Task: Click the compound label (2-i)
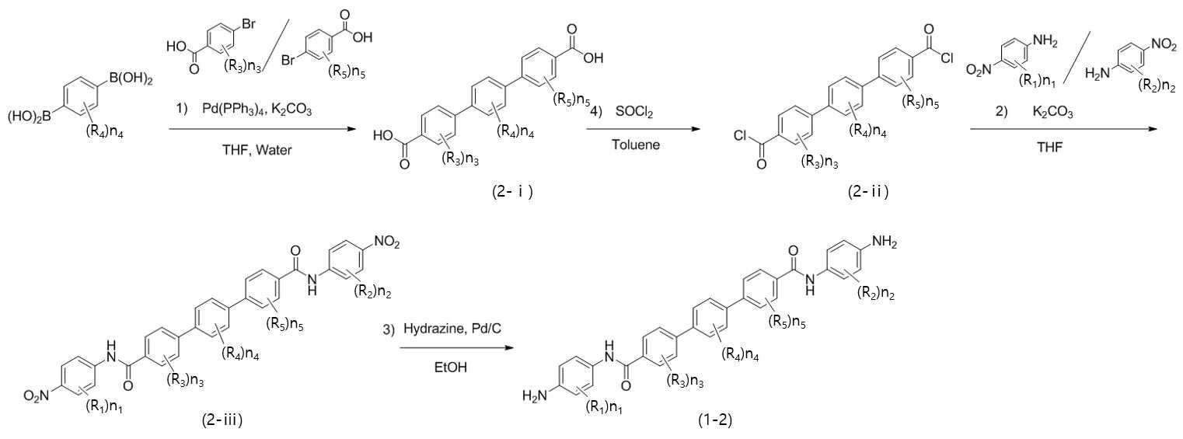click(x=512, y=192)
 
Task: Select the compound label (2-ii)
click(x=868, y=191)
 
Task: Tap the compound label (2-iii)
click(x=222, y=420)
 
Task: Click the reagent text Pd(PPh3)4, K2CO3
click(x=257, y=110)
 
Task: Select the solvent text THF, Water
click(x=257, y=150)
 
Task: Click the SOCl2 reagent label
click(x=633, y=113)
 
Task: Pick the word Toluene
click(x=636, y=145)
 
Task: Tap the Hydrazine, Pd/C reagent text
click(x=452, y=329)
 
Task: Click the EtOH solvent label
click(x=451, y=367)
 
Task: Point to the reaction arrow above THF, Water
click(x=263, y=128)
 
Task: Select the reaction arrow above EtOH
click(x=456, y=348)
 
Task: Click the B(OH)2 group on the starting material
click(x=131, y=79)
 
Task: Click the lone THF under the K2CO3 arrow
click(x=1050, y=147)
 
